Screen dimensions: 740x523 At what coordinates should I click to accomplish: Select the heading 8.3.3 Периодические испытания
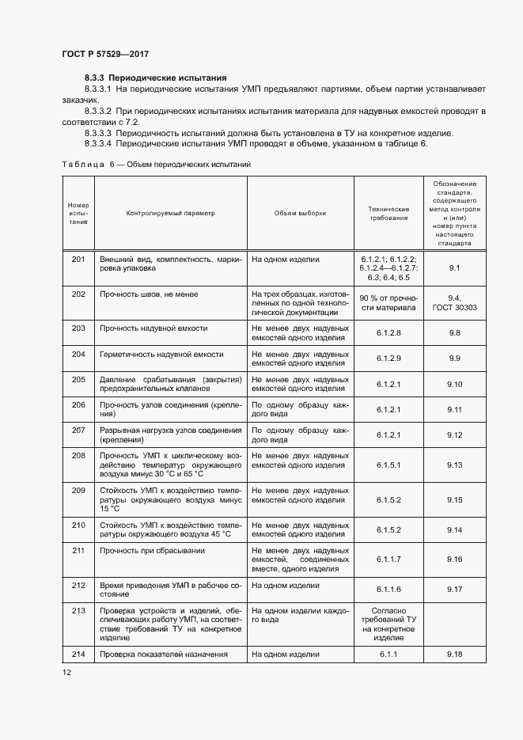(x=156, y=78)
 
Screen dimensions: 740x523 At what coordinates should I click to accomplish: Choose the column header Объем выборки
(x=300, y=213)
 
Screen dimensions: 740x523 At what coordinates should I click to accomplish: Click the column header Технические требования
(x=388, y=213)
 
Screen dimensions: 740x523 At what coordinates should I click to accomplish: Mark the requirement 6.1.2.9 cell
(x=388, y=359)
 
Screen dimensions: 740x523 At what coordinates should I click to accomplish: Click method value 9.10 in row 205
(x=454, y=384)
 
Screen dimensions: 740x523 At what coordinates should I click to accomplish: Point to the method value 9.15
(x=454, y=500)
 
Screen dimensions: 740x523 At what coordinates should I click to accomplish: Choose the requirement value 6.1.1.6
(x=388, y=590)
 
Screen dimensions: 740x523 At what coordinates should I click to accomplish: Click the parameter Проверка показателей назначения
(x=163, y=655)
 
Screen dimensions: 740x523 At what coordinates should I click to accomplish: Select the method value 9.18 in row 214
(x=454, y=655)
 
